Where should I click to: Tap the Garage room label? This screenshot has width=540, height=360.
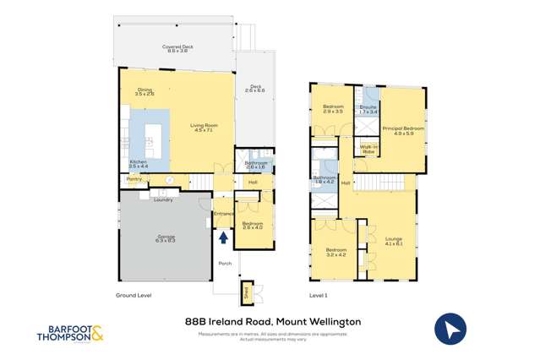tap(165, 238)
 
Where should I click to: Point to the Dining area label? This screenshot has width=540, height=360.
tap(145, 91)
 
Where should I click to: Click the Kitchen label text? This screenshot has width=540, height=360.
tap(139, 164)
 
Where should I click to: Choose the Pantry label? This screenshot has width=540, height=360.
tap(134, 179)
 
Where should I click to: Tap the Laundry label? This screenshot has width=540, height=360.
tap(163, 199)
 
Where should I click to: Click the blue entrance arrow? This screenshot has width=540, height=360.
tap(223, 237)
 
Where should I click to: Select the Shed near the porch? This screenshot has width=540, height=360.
tap(247, 292)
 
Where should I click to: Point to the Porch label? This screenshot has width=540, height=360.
tap(225, 264)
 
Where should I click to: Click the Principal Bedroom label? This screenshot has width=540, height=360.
tap(397, 130)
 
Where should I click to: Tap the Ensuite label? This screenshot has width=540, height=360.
tap(368, 109)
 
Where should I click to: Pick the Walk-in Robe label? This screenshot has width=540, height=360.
tap(368, 149)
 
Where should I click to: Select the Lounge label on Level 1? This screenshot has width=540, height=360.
tap(394, 241)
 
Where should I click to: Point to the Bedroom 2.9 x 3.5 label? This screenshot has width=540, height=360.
tap(333, 109)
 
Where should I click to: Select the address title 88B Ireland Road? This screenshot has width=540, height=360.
tap(272, 321)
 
